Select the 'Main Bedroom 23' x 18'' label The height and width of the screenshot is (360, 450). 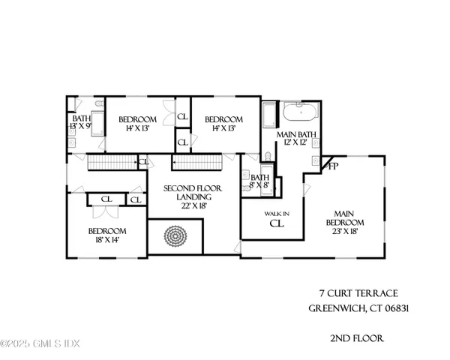pos(344,222)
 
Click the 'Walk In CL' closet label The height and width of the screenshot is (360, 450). pos(275,218)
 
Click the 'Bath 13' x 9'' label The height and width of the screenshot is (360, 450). pos(81,122)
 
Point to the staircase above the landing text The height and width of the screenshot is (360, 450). pos(197,162)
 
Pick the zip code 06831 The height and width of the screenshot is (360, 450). pos(399,308)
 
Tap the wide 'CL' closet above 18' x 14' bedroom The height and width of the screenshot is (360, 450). pos(106,199)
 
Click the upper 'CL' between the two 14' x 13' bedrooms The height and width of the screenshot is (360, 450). pos(182,118)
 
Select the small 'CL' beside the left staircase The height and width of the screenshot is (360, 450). pos(143,161)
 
